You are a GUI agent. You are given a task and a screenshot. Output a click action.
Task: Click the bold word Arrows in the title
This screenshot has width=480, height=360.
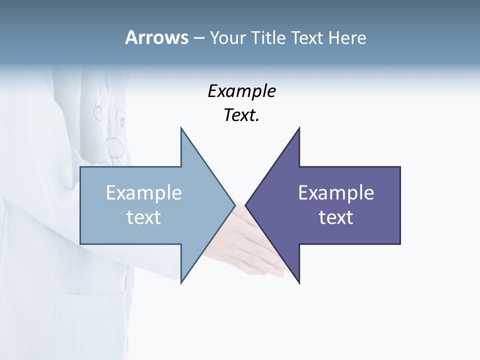[x=156, y=37]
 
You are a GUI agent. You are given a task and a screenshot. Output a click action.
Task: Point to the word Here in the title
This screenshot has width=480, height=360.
[x=347, y=37]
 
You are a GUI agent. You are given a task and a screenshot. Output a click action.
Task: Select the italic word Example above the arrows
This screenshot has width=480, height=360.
[x=241, y=91]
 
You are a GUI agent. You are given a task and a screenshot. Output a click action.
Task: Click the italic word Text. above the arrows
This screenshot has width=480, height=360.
[x=241, y=115]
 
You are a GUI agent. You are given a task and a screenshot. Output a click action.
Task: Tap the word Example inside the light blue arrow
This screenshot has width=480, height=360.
[x=144, y=192]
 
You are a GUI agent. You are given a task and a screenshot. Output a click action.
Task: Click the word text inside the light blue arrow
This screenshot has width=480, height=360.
[x=144, y=217]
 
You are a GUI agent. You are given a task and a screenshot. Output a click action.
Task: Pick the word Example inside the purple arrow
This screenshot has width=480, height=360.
[x=336, y=192]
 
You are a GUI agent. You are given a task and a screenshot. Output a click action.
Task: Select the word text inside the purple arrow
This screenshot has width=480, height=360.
[x=336, y=217]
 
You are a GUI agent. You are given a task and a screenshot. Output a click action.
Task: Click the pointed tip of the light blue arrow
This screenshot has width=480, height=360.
[x=234, y=205]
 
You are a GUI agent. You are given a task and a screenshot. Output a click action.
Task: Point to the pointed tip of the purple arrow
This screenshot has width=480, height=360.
[x=246, y=205]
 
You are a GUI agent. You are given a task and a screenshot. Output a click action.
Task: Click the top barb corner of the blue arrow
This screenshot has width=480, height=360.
[x=181, y=128]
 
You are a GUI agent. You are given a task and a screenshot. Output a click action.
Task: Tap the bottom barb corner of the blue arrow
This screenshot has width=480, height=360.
[x=181, y=282]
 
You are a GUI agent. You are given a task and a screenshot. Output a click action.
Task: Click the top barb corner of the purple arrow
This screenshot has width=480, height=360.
[x=299, y=128]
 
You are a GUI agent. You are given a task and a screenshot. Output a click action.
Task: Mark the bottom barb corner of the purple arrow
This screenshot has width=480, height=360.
[x=299, y=282]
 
